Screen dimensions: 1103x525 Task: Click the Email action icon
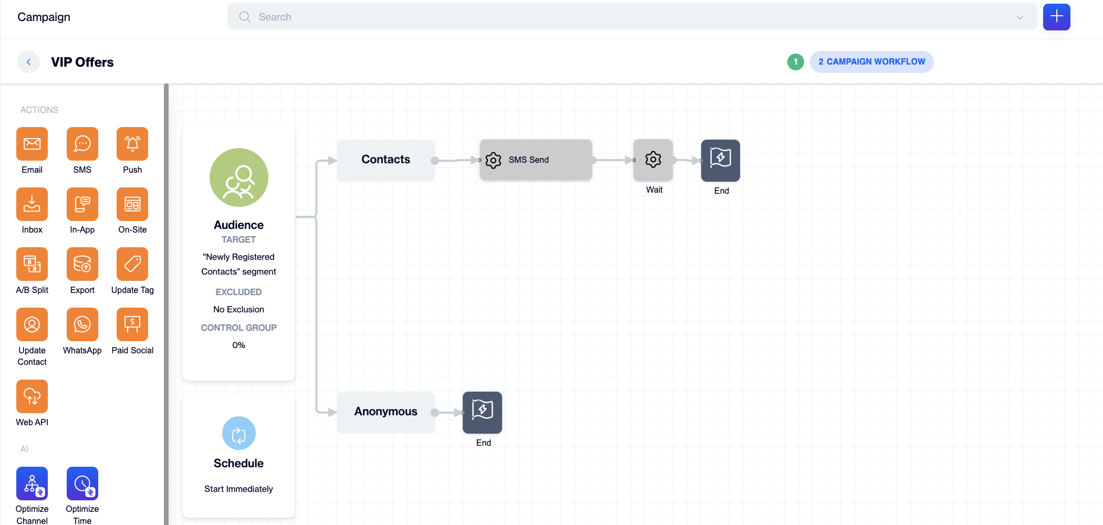click(x=32, y=144)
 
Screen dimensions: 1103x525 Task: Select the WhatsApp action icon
click(x=82, y=324)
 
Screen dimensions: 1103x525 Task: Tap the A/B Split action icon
click(x=32, y=264)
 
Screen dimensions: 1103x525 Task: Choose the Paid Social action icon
click(x=132, y=324)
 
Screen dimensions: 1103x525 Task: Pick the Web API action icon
click(x=32, y=396)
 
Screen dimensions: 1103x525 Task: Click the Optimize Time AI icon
click(x=82, y=484)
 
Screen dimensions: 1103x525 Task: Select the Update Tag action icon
click(x=132, y=264)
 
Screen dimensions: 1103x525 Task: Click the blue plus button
click(x=1057, y=17)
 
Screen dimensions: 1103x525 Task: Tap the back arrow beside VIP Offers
click(x=29, y=62)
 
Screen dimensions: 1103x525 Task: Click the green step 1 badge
click(x=796, y=62)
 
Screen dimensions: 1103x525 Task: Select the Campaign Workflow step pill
click(x=872, y=62)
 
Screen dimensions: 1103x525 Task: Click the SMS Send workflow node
click(x=536, y=160)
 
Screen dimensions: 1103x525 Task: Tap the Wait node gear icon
click(x=653, y=160)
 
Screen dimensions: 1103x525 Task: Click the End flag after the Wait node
click(x=721, y=160)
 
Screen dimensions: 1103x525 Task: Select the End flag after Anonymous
click(x=482, y=412)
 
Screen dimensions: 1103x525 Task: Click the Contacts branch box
click(x=386, y=160)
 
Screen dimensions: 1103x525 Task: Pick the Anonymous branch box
click(x=386, y=412)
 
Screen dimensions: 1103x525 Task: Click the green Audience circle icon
click(x=239, y=177)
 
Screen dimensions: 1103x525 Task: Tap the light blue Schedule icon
click(x=239, y=433)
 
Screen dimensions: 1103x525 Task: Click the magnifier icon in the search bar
click(x=245, y=17)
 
